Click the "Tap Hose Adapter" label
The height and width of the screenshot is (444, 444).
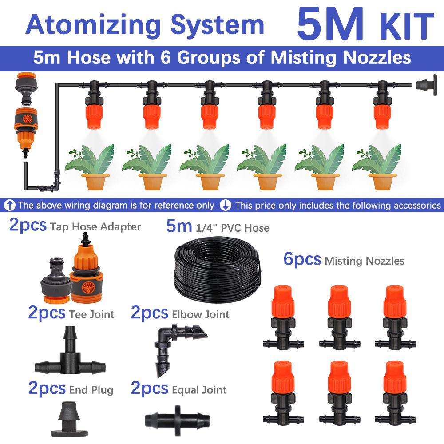(95, 227)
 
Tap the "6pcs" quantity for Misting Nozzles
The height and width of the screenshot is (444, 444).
(302, 259)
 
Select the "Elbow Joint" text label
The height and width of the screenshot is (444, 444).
(200, 315)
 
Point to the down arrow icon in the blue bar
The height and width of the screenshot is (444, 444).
(226, 206)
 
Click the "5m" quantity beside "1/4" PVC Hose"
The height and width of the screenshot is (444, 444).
(179, 226)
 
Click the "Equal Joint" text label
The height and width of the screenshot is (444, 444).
(199, 390)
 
